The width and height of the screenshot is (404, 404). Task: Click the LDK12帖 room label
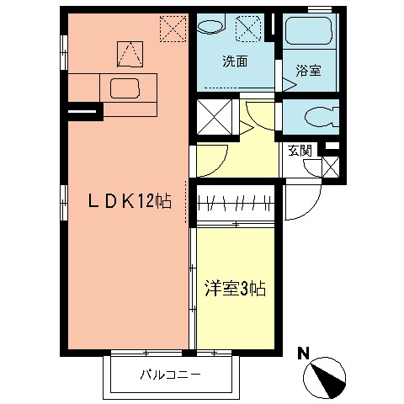click(x=131, y=201)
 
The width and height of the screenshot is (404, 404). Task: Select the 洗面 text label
click(x=235, y=61)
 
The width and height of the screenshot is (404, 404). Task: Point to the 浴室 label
click(x=308, y=72)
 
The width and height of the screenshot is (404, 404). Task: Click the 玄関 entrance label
click(x=300, y=151)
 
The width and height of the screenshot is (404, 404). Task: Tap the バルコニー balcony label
click(x=170, y=375)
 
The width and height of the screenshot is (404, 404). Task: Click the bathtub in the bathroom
click(x=309, y=35)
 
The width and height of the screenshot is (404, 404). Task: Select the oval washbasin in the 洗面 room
click(x=210, y=24)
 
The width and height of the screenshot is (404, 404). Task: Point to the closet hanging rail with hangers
click(x=237, y=203)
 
